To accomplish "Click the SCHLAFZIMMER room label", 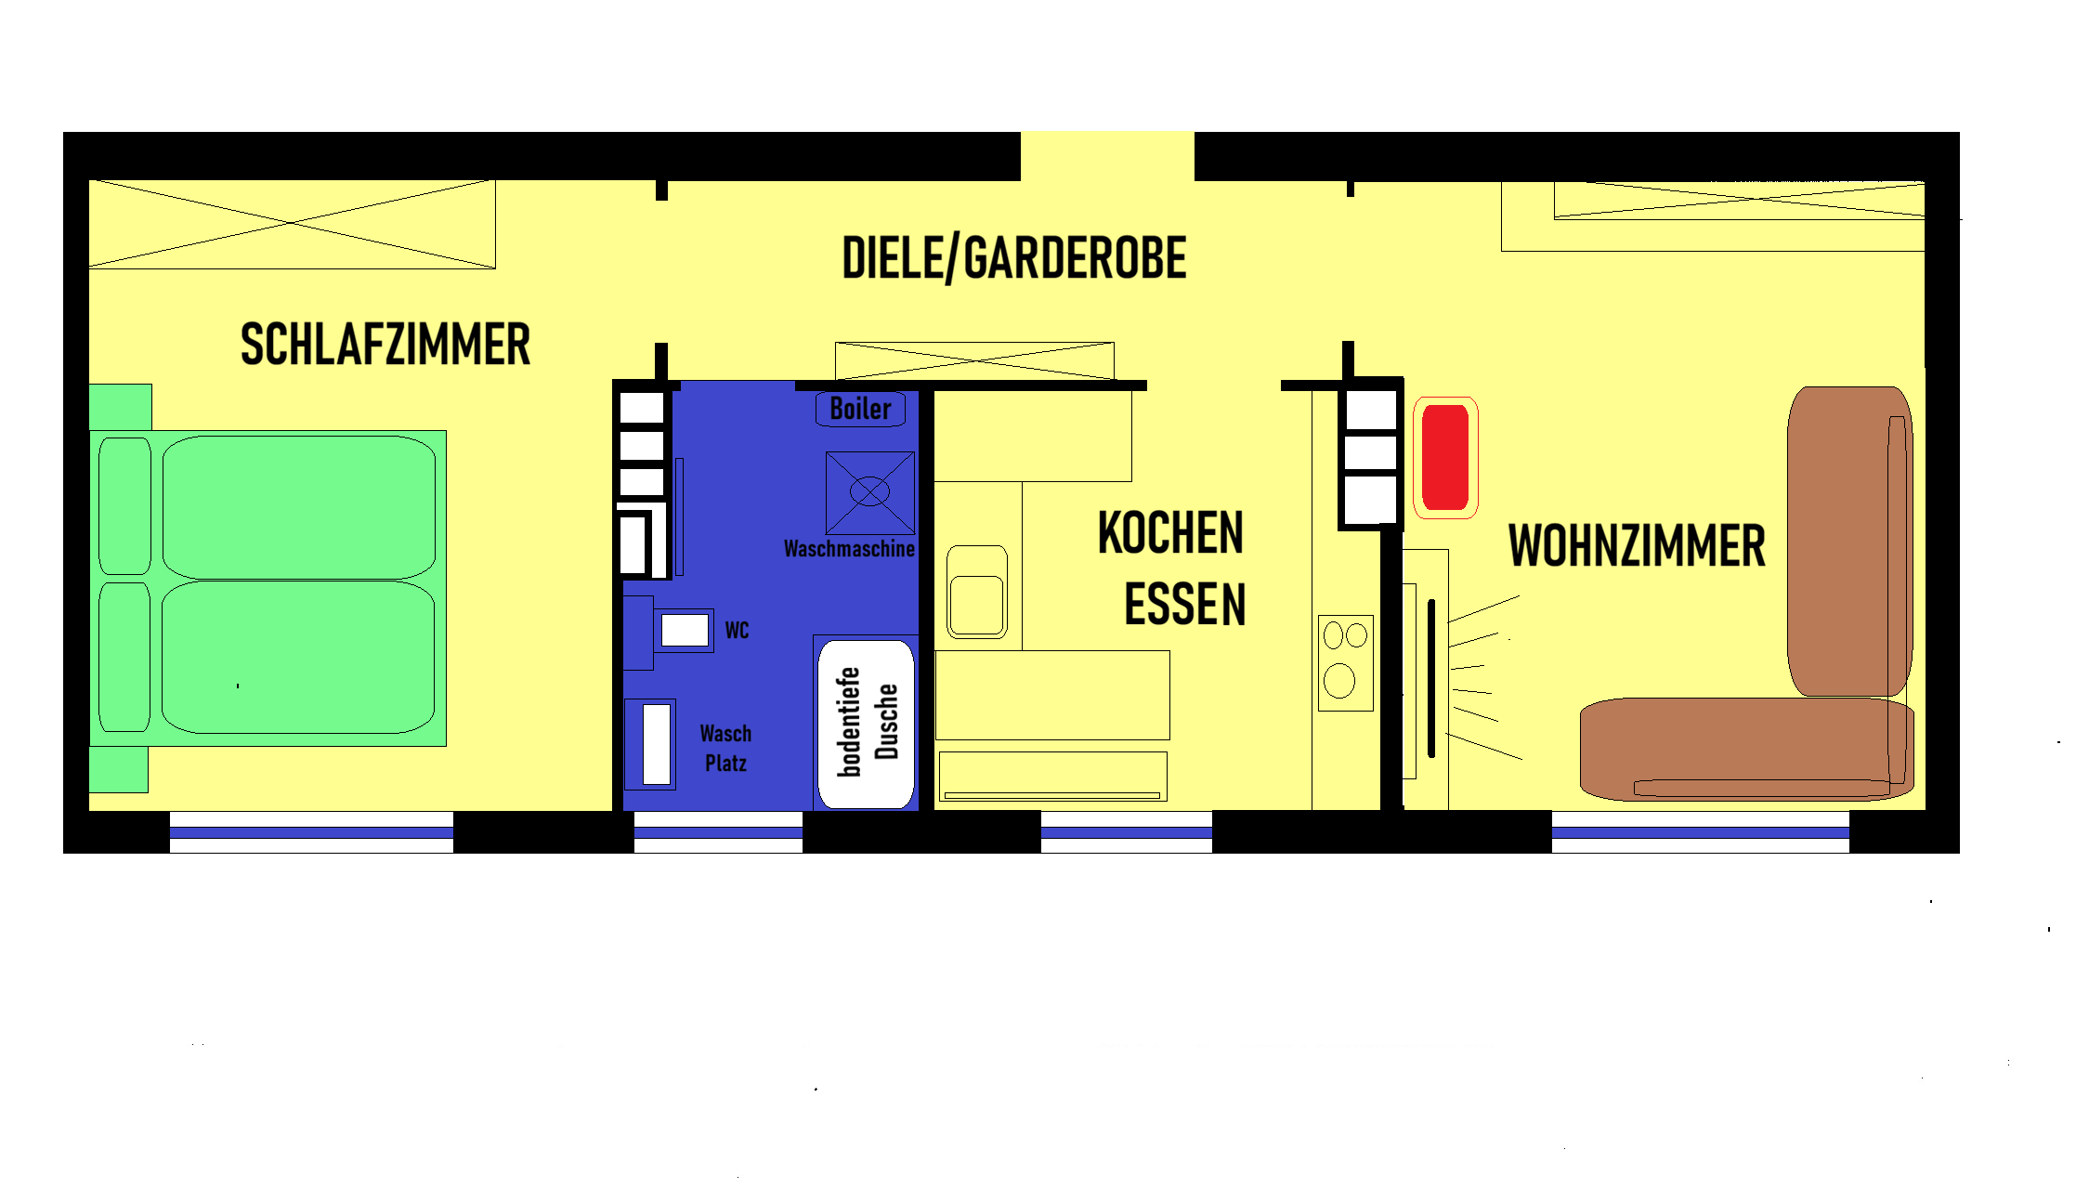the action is tap(385, 345).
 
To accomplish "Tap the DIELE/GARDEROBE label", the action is tap(1014, 258).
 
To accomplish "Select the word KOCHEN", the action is tap(1170, 532).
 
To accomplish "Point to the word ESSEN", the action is tap(1184, 605).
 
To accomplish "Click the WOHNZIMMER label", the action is tap(1637, 545).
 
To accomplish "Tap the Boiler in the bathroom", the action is tap(860, 410).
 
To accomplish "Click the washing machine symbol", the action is tap(870, 492).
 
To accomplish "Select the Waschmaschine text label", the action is tap(849, 549).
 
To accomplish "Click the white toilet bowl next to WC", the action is tap(685, 631).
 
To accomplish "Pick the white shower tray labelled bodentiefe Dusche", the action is tap(866, 725).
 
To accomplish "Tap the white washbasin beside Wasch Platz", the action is tap(657, 744).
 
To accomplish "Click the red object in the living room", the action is tap(1445, 457).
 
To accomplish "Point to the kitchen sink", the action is tap(976, 592).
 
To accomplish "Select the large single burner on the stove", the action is tap(1339, 681).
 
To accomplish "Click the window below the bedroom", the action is tap(311, 832).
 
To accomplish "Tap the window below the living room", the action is tap(1701, 832).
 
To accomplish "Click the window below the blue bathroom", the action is tap(718, 832).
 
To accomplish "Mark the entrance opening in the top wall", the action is tap(1107, 156).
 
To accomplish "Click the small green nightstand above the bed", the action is tap(121, 407).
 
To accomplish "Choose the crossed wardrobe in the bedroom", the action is tap(293, 224).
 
